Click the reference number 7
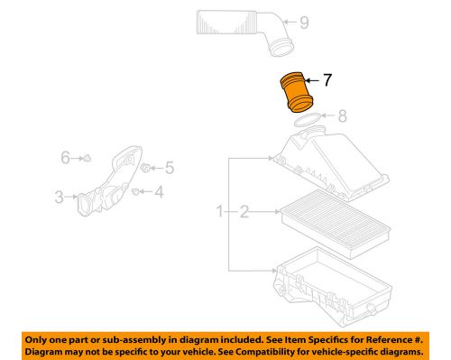327,80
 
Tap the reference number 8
341,115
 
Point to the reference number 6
65,158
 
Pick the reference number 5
169,168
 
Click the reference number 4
160,191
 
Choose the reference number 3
59,195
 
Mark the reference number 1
219,212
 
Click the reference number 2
243,212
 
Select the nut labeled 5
148,168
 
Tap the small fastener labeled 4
135,191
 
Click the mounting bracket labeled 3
108,185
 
